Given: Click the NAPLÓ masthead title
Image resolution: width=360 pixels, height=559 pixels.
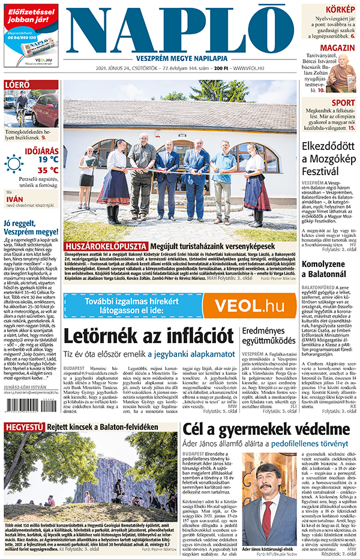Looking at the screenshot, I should coord(180,31).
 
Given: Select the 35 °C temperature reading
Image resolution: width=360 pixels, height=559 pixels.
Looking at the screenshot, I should coord(47,170).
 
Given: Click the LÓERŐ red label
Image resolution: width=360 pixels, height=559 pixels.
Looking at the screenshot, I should coord(17,85).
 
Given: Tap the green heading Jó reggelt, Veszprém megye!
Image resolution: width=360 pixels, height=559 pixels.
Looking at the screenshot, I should coord(30,226).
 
